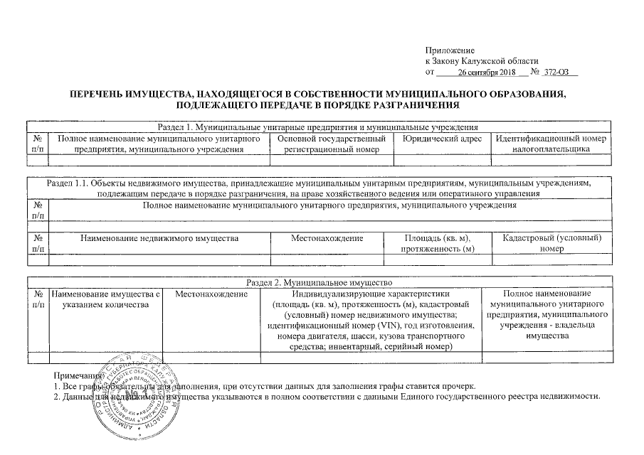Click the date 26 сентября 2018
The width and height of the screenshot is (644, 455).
tap(487, 73)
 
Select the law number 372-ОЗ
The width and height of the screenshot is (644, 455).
tap(557, 73)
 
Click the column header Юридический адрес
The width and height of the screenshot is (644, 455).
tap(442, 139)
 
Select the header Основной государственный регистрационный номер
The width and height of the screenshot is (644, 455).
tap(334, 144)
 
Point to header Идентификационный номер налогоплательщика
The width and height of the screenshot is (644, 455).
tap(552, 144)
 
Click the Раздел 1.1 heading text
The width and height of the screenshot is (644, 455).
tap(317, 188)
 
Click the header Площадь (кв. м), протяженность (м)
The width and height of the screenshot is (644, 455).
tap(437, 243)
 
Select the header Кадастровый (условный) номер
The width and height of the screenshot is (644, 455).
tap(551, 243)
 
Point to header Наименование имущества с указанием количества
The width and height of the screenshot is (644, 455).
tap(107, 299)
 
